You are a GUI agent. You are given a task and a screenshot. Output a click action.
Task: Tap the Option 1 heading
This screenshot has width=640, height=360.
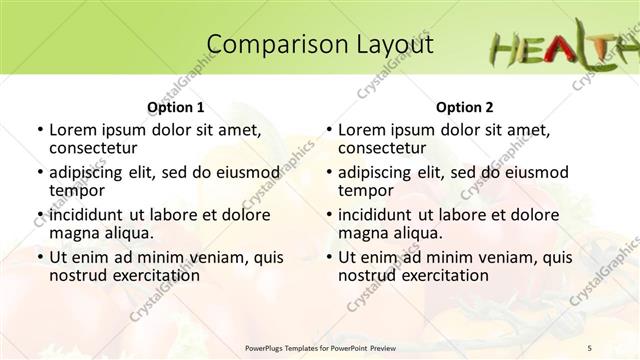coord(175,107)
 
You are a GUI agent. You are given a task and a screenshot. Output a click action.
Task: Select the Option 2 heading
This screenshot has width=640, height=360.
coord(464,107)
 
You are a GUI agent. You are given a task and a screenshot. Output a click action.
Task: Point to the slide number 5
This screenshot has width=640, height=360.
coord(618,347)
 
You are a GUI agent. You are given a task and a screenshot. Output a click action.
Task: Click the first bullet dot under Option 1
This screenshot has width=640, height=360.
coord(38,130)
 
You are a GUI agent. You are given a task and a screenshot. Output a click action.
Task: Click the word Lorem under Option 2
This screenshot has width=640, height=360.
coord(361,129)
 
